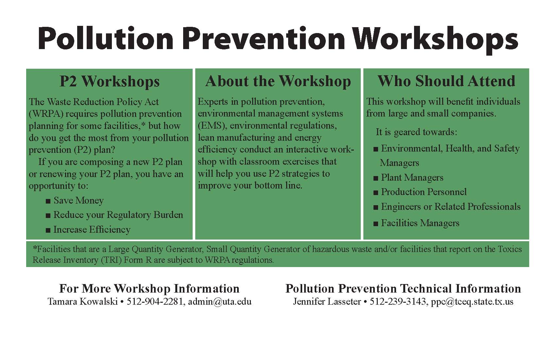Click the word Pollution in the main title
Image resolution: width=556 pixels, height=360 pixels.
[105, 39]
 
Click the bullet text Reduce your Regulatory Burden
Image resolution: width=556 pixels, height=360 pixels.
[118, 215]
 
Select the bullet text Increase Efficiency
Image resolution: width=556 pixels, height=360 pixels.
[92, 230]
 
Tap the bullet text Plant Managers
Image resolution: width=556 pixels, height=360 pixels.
[412, 178]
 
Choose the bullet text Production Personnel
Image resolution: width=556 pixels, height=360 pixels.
[424, 192]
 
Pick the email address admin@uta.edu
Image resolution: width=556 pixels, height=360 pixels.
[220, 301]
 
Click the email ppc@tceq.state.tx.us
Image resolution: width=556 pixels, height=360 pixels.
[472, 301]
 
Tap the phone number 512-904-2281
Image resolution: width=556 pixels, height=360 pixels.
[155, 301]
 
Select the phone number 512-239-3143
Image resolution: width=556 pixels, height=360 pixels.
[398, 301]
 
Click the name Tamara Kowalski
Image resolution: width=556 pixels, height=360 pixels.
[83, 301]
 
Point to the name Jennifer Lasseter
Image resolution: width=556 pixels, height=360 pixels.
[327, 301]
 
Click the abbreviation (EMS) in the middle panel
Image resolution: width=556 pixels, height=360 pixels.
[212, 125]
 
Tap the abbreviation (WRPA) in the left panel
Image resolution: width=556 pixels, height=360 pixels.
[46, 114]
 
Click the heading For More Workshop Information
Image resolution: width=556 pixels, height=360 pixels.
[149, 288]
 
